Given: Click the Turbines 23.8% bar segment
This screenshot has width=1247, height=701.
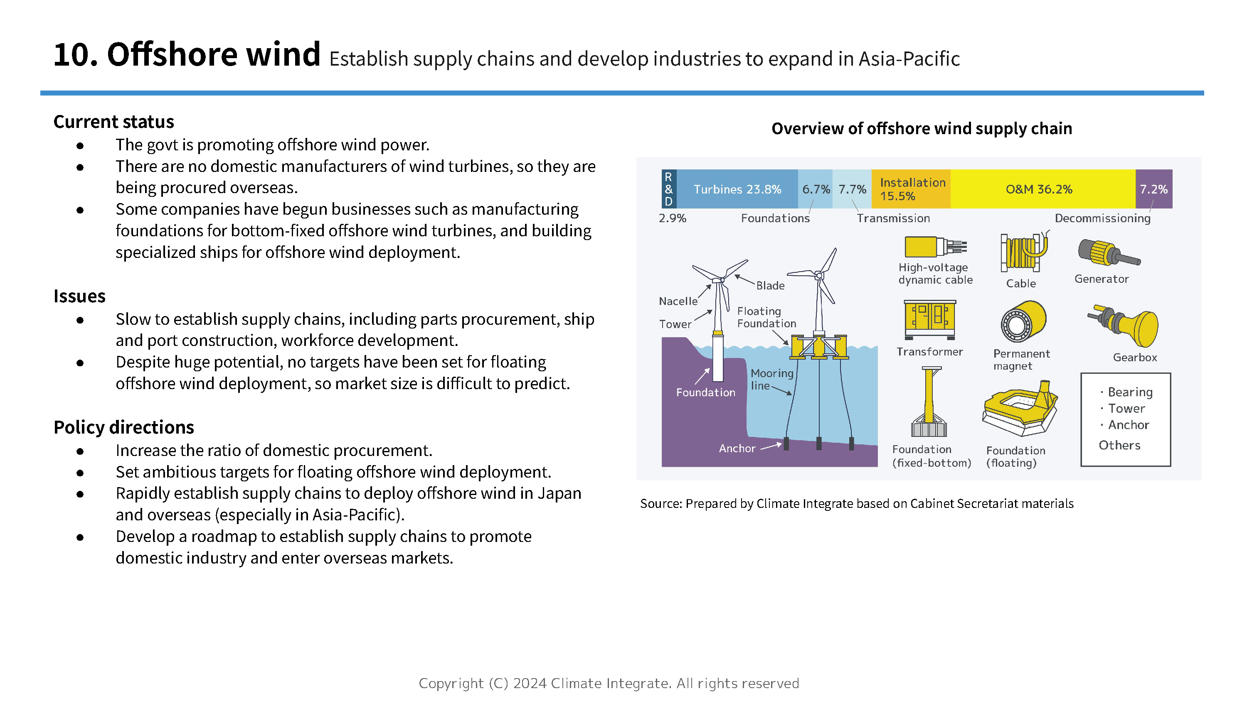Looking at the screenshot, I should (737, 189).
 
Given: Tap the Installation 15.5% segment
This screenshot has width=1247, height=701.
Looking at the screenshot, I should (911, 189).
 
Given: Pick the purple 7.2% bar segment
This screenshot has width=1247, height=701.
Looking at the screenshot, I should (1153, 189).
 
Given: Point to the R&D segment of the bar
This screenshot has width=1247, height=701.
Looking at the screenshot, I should (668, 189).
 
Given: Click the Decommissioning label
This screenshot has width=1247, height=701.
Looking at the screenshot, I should (1102, 218).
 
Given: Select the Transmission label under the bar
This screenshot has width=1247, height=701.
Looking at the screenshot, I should (893, 218).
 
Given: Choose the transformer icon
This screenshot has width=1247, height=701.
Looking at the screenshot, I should (929, 319).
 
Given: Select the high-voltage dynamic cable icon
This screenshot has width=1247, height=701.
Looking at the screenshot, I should (935, 246).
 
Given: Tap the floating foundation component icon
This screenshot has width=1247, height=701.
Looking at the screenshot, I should (1020, 409).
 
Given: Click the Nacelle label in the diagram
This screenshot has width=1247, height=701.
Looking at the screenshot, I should (678, 301).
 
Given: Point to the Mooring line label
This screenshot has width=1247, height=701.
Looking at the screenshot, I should (771, 379).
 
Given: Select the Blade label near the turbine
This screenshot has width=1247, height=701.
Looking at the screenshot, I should (770, 285).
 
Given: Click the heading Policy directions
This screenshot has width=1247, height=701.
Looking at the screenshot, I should (123, 427).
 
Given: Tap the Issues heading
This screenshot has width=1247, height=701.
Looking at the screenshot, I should (79, 296).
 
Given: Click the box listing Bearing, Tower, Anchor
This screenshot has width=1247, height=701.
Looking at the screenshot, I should (1125, 419).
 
